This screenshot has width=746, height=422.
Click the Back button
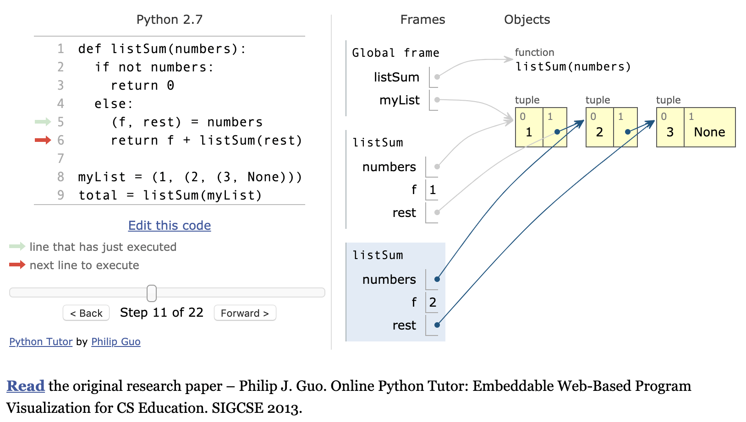[86, 313]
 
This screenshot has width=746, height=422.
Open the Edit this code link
[170, 226]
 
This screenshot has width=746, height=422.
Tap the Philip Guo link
[115, 342]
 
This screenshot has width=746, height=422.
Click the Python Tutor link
[41, 342]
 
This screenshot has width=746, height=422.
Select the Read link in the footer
[26, 386]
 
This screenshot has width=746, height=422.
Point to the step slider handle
[152, 293]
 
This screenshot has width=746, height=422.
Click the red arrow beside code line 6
[43, 140]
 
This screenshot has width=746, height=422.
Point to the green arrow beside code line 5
[43, 122]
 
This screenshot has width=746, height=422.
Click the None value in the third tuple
[709, 132]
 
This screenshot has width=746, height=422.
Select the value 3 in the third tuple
[670, 132]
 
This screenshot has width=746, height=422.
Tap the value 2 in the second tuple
[599, 132]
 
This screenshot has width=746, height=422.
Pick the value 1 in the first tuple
[529, 132]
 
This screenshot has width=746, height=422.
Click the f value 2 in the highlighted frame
[433, 302]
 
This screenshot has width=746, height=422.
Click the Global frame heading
[395, 53]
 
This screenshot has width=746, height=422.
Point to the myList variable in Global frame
[399, 100]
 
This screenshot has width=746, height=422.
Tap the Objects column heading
[527, 20]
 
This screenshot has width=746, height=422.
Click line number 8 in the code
[60, 177]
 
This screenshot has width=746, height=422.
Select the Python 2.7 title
[170, 20]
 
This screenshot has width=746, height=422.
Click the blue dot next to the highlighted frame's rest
[437, 325]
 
